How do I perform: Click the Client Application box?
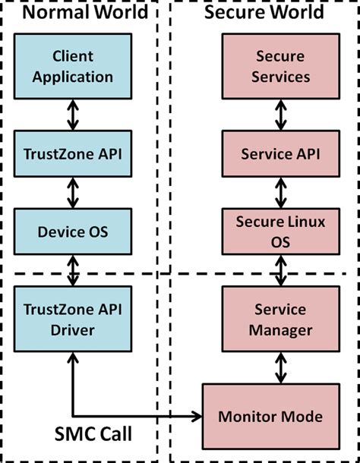point(73,66)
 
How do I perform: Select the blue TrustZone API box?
point(73,154)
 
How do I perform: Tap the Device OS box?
point(73,231)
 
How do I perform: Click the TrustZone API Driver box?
point(73,320)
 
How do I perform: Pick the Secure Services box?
point(280,66)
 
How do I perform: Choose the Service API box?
point(280,154)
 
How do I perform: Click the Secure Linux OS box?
point(280,231)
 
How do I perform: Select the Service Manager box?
point(280,320)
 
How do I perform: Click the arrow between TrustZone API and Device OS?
point(73,193)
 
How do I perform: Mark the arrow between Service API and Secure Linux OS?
point(280,193)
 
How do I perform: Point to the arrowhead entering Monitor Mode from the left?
point(197,416)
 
